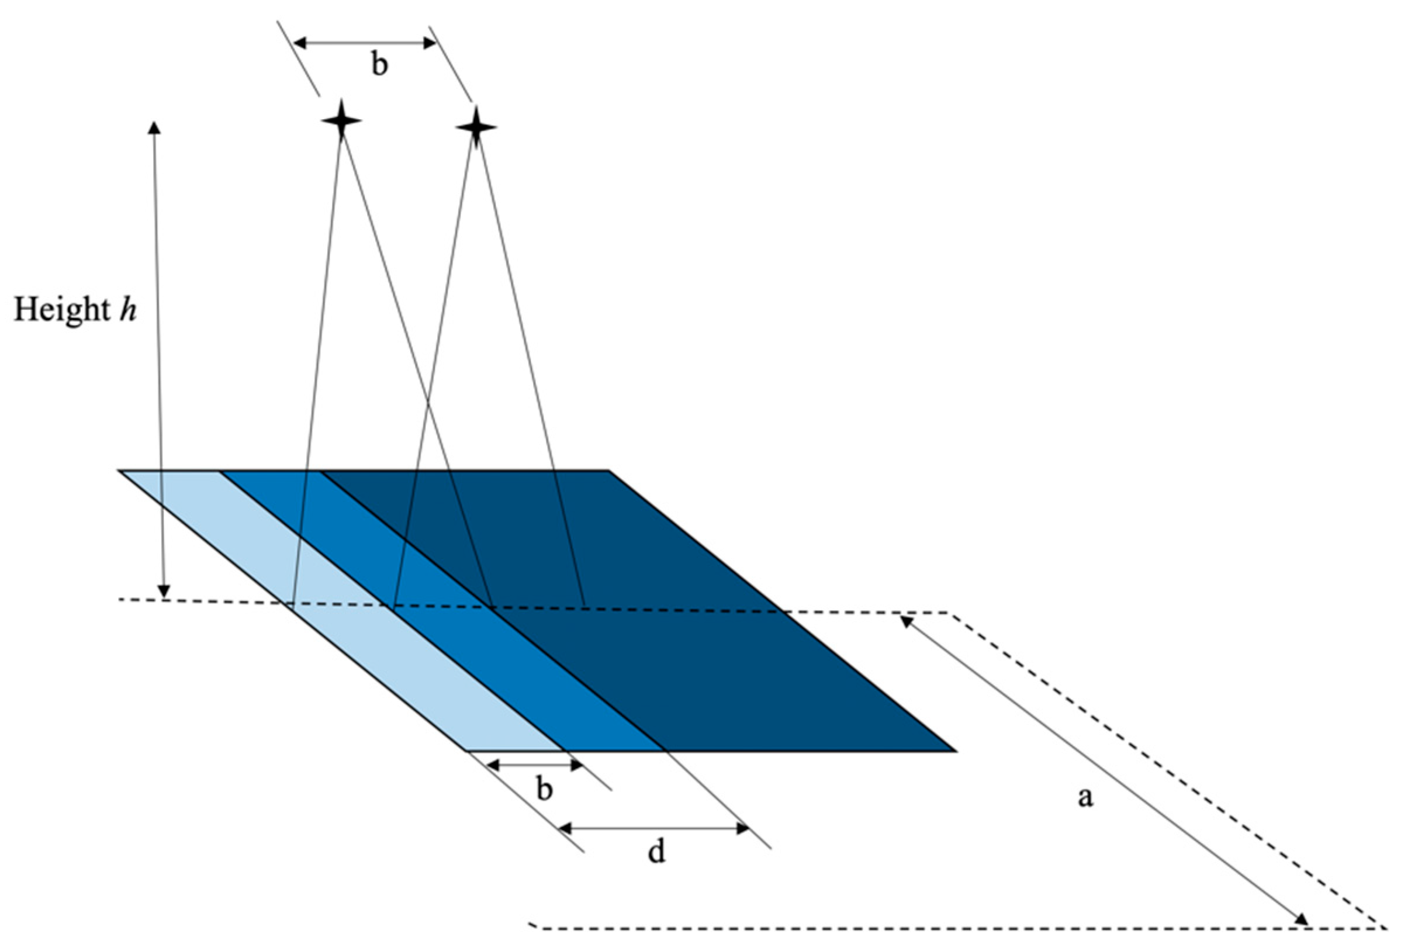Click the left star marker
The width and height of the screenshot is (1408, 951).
[342, 120]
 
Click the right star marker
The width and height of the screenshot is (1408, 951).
[476, 127]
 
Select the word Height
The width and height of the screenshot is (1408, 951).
[61, 310]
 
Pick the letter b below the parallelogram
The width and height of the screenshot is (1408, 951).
[545, 789]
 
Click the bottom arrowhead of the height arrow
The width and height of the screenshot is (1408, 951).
[164, 591]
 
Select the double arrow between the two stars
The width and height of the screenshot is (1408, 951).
[365, 43]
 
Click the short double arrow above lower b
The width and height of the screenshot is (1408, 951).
[534, 766]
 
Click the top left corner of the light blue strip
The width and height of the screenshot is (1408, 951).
[120, 471]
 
